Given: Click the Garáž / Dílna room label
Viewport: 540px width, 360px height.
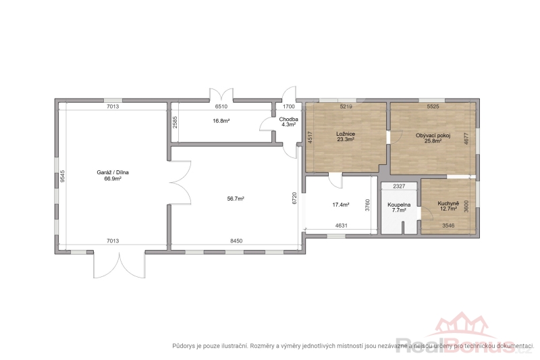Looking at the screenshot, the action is click(113, 172).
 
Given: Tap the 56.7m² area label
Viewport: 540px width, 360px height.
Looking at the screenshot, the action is click(236, 199).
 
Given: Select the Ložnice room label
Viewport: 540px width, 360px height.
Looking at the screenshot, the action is click(346, 134).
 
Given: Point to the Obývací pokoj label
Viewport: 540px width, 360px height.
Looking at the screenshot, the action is click(433, 135).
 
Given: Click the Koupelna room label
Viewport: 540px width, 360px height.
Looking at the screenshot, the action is click(399, 205).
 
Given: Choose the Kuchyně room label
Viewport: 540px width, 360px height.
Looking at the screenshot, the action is click(448, 203).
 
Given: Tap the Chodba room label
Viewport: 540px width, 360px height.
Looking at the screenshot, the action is click(289, 119).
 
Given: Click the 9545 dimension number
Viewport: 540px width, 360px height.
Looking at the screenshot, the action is click(62, 176).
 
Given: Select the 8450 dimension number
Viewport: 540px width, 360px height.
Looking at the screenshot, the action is click(236, 241).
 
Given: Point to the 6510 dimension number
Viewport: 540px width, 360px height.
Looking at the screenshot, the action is click(221, 107).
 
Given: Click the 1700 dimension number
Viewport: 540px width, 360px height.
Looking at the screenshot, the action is click(289, 107).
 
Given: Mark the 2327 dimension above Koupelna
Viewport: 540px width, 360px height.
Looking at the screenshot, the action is click(399, 186).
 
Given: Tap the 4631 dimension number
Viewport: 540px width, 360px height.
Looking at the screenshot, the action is click(342, 226).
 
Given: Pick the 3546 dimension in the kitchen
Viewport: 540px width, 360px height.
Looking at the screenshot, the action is click(448, 226).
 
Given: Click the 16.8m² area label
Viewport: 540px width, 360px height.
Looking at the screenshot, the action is click(221, 121).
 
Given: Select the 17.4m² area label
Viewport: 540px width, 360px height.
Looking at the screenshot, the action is click(341, 205).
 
